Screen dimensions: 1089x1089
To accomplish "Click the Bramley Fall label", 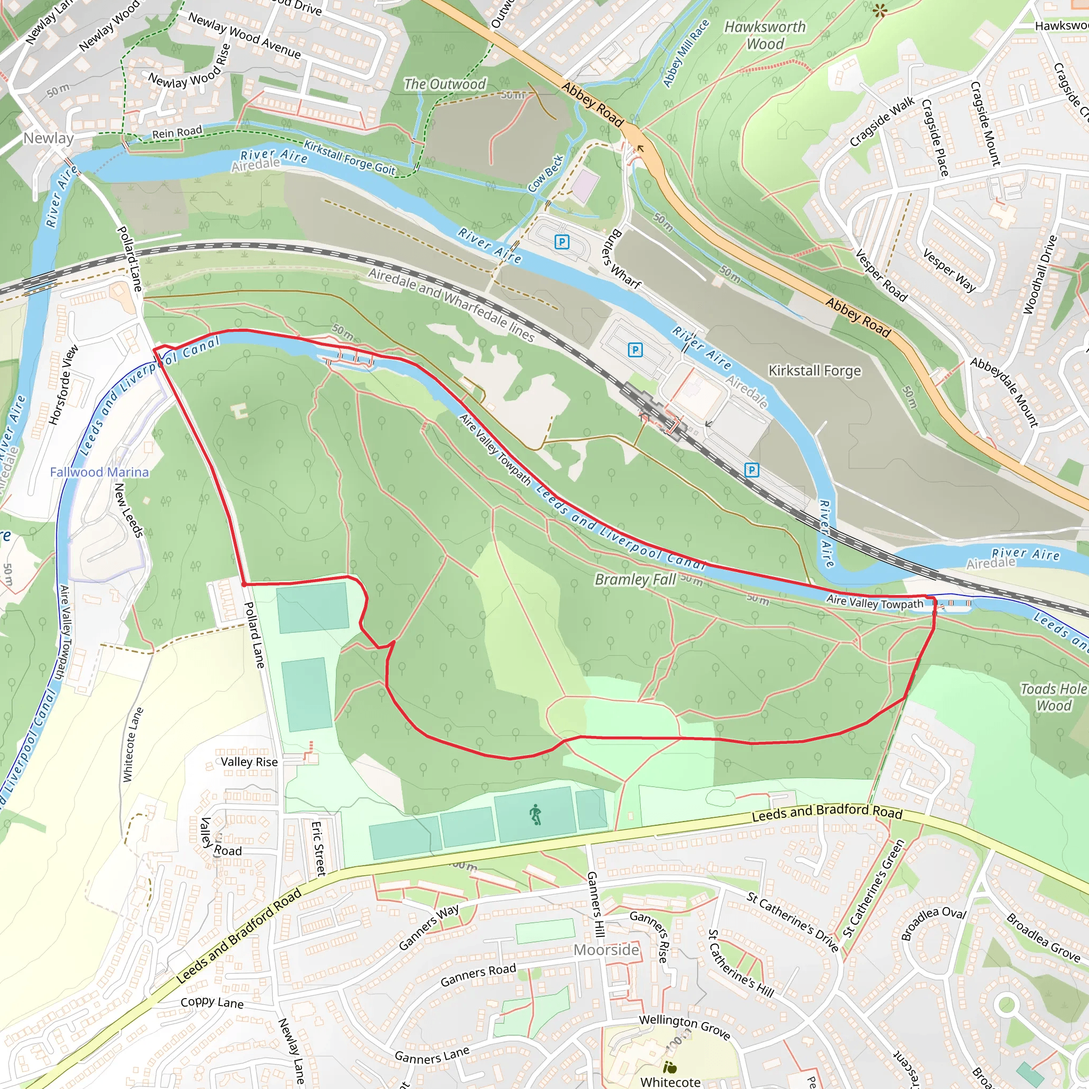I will coord(635,580).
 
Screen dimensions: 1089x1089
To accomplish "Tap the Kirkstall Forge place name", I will coord(815,370).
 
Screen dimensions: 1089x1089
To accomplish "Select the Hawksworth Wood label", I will coord(765,35).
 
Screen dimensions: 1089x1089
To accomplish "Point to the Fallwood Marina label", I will coord(99,472).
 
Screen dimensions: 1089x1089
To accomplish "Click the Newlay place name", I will coord(48,138).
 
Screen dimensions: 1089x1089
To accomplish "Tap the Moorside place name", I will coord(606,950).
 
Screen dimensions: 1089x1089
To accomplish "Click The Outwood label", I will coord(444,85).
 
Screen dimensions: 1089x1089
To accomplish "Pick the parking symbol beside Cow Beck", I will coord(562,242).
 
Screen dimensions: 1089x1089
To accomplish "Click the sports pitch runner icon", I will coord(535,815).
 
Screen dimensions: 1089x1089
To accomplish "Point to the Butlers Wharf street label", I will coord(621,259).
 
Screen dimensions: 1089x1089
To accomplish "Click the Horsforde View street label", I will coord(63,384).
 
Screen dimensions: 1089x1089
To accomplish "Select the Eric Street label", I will coord(319,848).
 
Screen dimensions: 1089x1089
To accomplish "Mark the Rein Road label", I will coord(177,132).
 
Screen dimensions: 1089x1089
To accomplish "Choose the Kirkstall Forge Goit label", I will coord(349,157).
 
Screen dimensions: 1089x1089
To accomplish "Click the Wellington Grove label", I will coord(684,1026).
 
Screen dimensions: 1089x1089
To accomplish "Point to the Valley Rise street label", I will coord(249,762).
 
